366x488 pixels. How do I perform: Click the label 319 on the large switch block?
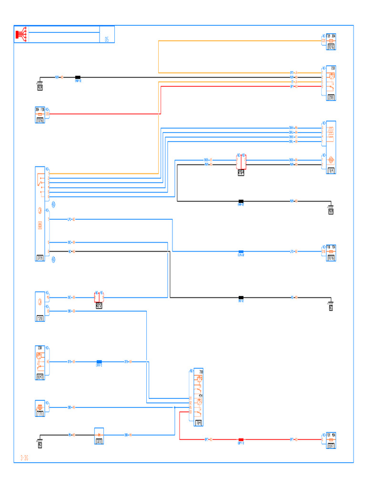(40, 258)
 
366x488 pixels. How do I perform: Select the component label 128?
(40, 318)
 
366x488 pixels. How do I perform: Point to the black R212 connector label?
(99, 305)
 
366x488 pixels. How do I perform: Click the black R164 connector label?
(241, 173)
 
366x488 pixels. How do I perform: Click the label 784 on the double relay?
(199, 422)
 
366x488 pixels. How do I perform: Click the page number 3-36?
(24, 458)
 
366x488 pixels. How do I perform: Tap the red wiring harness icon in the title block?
(21, 34)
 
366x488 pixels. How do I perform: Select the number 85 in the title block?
(107, 40)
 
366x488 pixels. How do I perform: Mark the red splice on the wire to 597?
(241, 439)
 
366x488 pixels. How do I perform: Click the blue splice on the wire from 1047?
(99, 362)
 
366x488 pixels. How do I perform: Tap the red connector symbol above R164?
(241, 161)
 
